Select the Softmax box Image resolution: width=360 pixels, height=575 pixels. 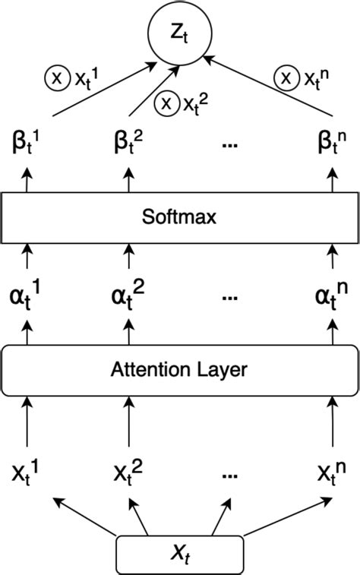coord(179,217)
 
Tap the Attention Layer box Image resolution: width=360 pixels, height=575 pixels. coord(179,370)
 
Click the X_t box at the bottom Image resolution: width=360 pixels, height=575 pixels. coord(179,554)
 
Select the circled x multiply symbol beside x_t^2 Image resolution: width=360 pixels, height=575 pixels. coord(165,104)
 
